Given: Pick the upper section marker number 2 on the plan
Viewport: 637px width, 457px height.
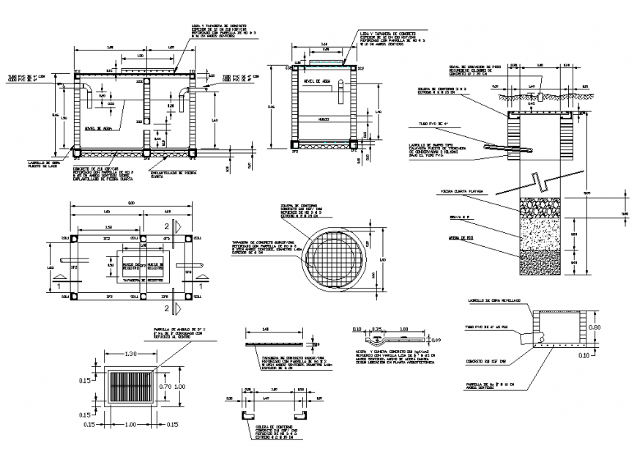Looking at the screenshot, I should coord(166,226).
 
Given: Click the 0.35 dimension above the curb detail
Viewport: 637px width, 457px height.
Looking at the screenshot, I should coord(379,330).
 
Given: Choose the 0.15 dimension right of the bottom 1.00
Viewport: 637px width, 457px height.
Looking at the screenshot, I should coord(174,425).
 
